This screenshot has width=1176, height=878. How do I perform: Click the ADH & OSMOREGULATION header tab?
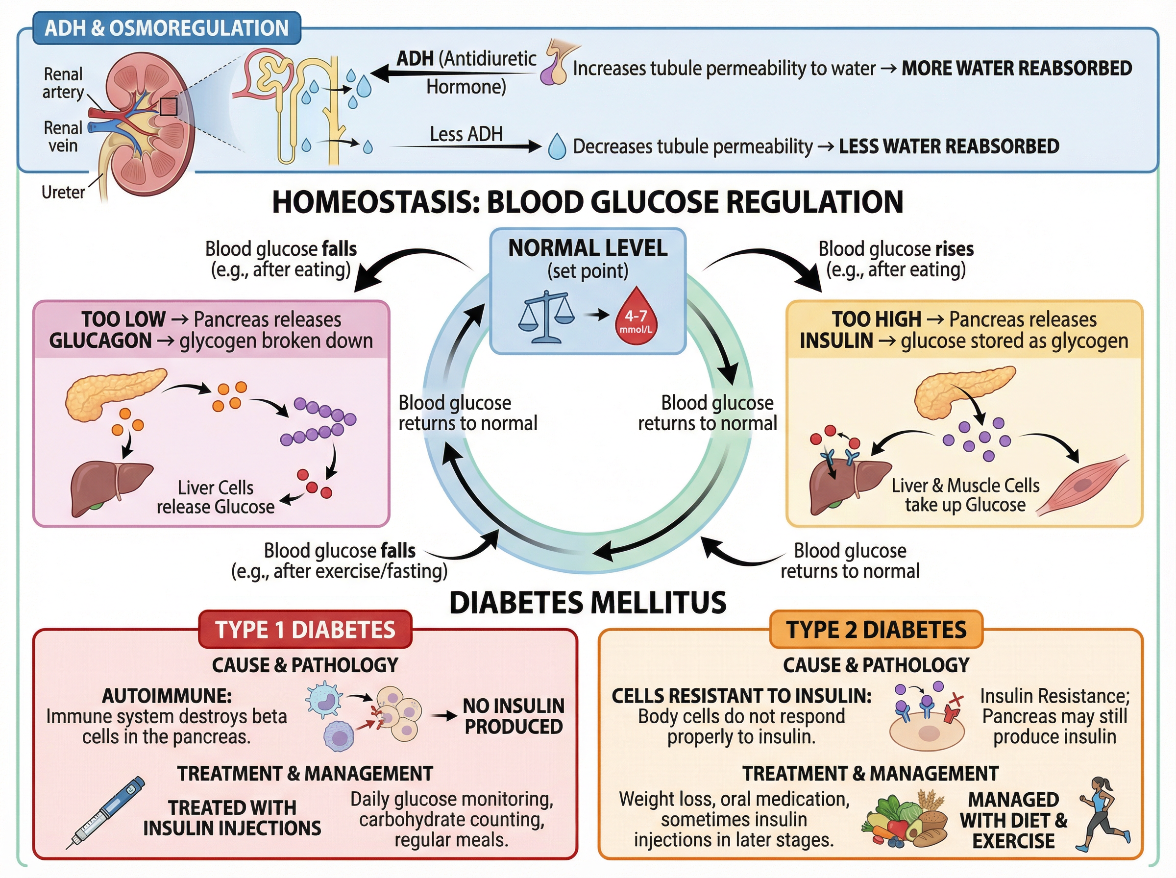pos(166,28)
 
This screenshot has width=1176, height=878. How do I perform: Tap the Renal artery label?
pos(63,82)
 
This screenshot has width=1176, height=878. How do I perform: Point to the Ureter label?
pos(63,192)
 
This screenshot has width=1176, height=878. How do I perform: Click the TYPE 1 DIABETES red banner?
pos(305,630)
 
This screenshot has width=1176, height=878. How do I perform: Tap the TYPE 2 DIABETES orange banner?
pos(876,630)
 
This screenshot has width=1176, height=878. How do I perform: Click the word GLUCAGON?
pos(100,341)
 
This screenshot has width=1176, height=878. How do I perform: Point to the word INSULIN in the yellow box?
pos(836,341)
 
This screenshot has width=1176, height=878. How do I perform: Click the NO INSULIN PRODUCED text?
pos(513,716)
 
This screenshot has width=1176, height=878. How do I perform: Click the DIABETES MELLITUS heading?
pos(587,603)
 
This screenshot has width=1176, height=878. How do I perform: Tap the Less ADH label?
pos(465,134)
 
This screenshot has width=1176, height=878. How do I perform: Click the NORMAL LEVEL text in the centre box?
pos(587,248)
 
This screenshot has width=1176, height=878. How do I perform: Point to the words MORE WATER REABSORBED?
pos(1016,68)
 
